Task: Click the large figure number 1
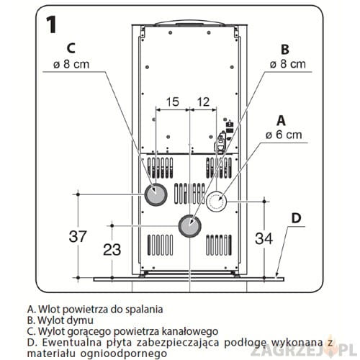point(52,24)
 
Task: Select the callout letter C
point(71,48)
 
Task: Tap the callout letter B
point(285,50)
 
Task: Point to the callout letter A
point(281,120)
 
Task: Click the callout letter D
point(296,218)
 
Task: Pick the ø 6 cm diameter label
point(284,135)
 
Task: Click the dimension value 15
point(173,102)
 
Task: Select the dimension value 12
point(203,102)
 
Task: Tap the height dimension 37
point(78,236)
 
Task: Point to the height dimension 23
point(112,250)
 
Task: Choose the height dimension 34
point(264,238)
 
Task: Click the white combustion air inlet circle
point(216,202)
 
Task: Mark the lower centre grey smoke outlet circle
point(190,226)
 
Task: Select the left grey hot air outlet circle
point(156,194)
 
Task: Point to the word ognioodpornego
point(123,354)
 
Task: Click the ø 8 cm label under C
point(71,64)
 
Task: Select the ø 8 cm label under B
point(288,64)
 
